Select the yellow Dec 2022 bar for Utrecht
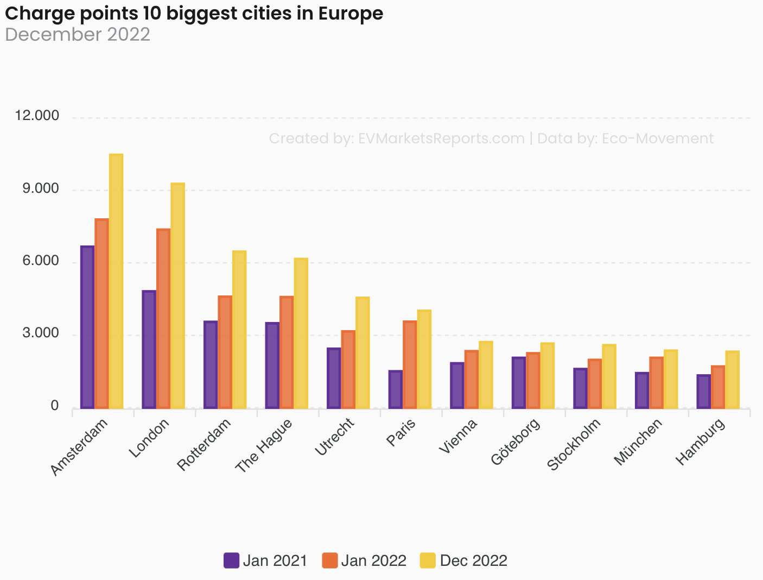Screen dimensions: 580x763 (363, 352)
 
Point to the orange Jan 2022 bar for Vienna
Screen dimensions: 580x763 (472, 379)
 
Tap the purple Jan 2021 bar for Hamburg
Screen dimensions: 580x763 (703, 391)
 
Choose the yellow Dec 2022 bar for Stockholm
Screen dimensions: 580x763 (609, 376)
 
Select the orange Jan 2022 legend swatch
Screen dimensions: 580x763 (330, 560)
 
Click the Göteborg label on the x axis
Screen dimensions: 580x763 (516, 442)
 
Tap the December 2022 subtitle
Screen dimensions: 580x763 (78, 34)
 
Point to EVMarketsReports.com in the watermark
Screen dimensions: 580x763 (441, 138)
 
